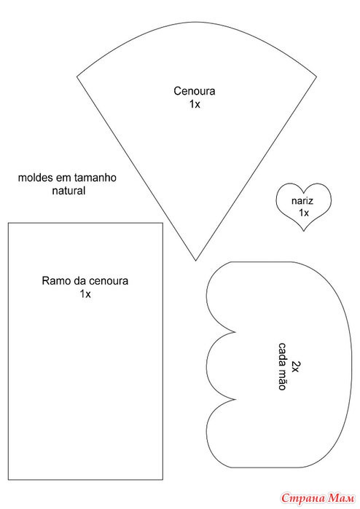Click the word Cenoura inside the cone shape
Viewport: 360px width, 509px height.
pyautogui.click(x=195, y=91)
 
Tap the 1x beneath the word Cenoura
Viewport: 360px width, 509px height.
pyautogui.click(x=195, y=104)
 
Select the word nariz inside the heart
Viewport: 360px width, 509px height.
pyautogui.click(x=302, y=201)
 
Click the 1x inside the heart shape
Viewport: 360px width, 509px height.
pyautogui.click(x=304, y=213)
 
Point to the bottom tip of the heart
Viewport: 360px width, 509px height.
pyautogui.click(x=303, y=231)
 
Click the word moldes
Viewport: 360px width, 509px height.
pyautogui.click(x=36, y=178)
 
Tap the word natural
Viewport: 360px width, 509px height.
pyautogui.click(x=69, y=191)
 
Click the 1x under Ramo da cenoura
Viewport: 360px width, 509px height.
pyautogui.click(x=85, y=293)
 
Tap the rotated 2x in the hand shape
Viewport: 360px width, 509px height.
pyautogui.click(x=295, y=366)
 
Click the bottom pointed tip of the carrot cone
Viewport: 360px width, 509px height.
pyautogui.click(x=195, y=261)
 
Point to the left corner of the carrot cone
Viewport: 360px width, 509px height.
pyautogui.click(x=77, y=77)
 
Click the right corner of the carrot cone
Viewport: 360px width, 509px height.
pyautogui.click(x=316, y=77)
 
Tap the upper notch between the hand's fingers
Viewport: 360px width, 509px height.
pyautogui.click(x=235, y=332)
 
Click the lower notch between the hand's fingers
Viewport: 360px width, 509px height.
pyautogui.click(x=235, y=399)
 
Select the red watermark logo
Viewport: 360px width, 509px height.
pyautogui.click(x=318, y=497)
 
